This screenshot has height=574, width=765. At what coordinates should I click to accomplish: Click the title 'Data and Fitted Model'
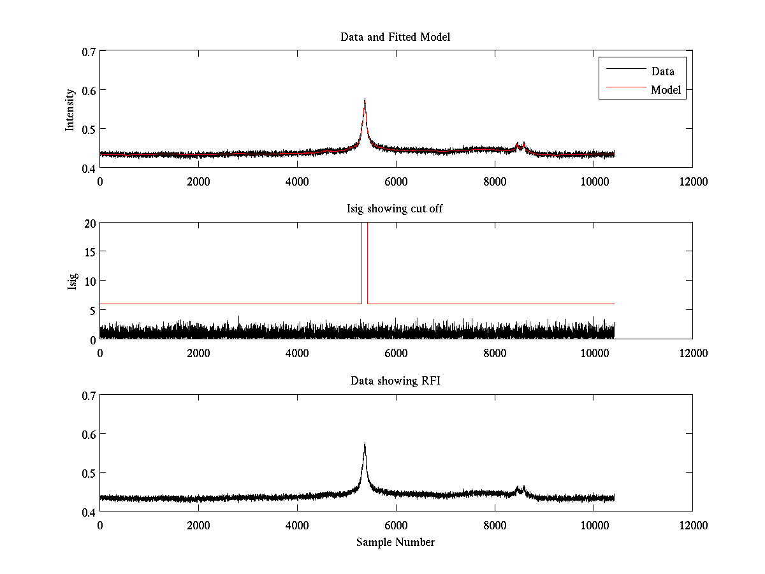click(395, 37)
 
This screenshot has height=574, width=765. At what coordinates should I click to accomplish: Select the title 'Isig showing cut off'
click(395, 209)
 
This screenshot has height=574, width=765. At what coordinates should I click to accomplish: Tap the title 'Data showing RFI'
click(395, 381)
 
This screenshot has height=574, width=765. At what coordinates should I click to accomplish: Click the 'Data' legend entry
click(662, 71)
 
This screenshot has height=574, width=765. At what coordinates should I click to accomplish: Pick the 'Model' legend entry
click(666, 90)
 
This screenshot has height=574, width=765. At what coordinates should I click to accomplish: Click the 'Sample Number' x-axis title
click(395, 542)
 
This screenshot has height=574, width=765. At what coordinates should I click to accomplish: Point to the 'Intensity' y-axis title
click(70, 109)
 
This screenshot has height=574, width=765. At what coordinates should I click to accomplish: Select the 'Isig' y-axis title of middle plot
click(73, 281)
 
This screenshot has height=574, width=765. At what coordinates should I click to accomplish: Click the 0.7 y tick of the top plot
click(88, 51)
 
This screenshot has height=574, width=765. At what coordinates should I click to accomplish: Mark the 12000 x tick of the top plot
click(692, 181)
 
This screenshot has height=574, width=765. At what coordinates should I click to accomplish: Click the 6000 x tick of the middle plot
click(395, 353)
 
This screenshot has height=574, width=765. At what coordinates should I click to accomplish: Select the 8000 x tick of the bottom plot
click(495, 525)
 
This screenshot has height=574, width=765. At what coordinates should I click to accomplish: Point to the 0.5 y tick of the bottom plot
click(88, 473)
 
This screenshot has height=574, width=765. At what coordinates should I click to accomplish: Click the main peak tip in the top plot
click(365, 99)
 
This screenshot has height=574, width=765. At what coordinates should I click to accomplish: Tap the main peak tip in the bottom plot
click(365, 443)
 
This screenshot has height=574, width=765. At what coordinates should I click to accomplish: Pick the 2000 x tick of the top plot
click(198, 181)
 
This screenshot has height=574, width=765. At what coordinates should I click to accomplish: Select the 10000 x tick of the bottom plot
click(594, 525)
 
